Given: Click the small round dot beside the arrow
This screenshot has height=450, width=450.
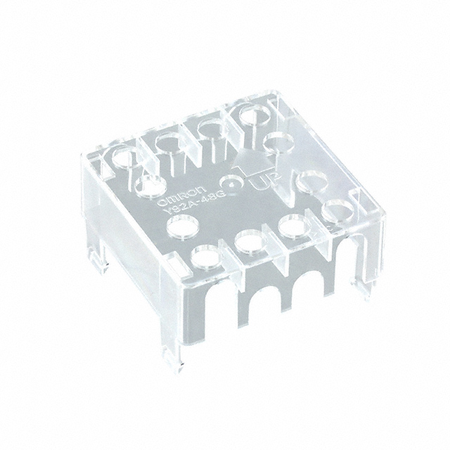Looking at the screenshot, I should pyautogui.click(x=235, y=182).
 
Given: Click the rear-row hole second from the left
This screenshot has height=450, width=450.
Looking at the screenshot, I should pyautogui.click(x=169, y=141).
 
